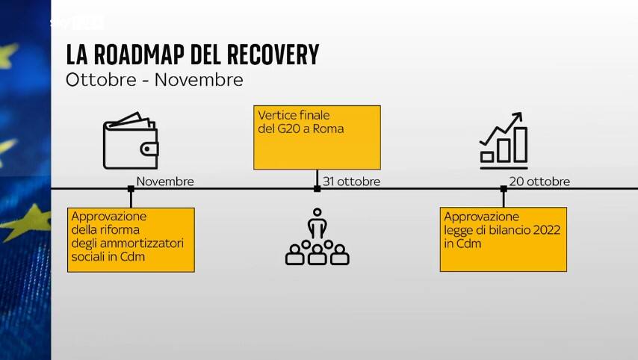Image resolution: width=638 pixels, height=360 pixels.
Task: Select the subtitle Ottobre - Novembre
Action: tap(155, 80)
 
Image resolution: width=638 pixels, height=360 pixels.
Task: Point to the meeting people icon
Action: tap(318, 237)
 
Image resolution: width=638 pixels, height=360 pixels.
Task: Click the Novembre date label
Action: tap(165, 181)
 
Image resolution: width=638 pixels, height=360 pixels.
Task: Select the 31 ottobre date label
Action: tap(352, 181)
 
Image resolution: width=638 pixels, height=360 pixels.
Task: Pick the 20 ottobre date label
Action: tap(539, 181)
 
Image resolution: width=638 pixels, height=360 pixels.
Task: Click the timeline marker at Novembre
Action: tap(131, 188)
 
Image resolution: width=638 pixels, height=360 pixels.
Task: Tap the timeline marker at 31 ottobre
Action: tap(318, 188)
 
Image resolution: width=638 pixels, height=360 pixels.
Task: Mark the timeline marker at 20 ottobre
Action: tap(504, 188)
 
